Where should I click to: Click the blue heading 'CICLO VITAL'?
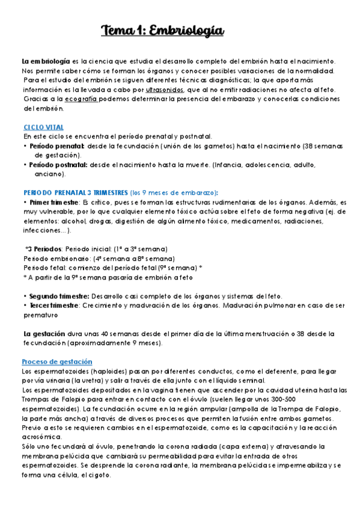coord(43,127)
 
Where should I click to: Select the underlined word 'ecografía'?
coord(81,99)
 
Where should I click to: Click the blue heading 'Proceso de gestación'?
coord(57,361)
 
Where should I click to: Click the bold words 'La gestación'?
coord(44,333)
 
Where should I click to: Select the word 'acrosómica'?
coord(41,437)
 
